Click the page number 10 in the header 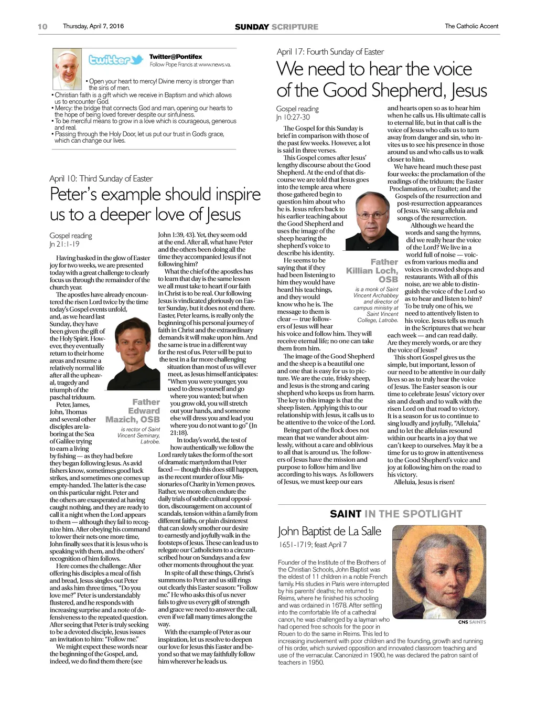(x=42, y=27)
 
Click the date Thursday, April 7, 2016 (x=93, y=26)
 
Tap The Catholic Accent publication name (x=471, y=26)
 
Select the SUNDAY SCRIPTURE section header (x=276, y=27)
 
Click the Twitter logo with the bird (x=115, y=60)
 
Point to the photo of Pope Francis (x=68, y=69)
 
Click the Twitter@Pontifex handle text (x=176, y=57)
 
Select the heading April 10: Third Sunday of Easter (x=101, y=179)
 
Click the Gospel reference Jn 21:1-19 (x=65, y=245)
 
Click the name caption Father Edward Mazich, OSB (x=134, y=411)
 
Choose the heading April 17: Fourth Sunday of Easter (x=330, y=52)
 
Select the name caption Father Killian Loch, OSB (x=372, y=270)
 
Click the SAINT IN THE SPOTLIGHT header (x=396, y=514)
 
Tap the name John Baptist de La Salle (x=329, y=532)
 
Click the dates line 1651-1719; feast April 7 (x=312, y=545)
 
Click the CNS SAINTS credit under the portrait (x=471, y=622)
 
